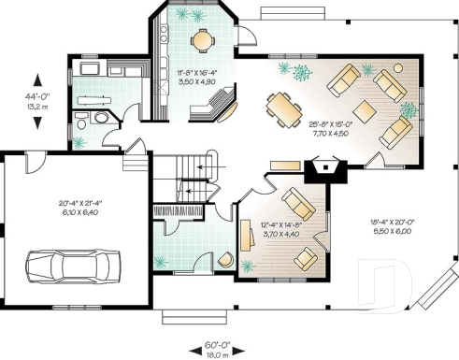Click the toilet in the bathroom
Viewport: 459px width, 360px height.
coord(81,121)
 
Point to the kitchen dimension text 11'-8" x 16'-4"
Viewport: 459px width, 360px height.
coord(198,77)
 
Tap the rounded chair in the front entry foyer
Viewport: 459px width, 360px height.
coord(226,261)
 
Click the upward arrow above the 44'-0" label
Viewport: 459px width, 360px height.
coord(37,81)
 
